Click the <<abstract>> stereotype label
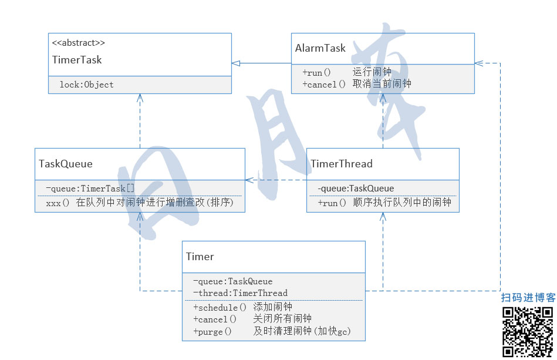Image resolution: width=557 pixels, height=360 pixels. click(79, 43)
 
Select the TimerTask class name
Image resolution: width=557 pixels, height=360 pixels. click(77, 60)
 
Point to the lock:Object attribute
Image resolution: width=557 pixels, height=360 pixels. click(86, 85)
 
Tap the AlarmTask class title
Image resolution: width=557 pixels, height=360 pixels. click(320, 48)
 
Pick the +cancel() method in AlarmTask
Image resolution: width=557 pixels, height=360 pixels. click(324, 84)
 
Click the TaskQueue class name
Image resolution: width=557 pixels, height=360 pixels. click(66, 163)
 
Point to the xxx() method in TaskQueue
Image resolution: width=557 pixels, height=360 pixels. click(58, 203)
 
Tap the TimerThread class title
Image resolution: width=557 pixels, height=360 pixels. click(341, 163)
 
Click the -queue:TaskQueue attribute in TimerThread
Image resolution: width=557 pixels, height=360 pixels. click(356, 189)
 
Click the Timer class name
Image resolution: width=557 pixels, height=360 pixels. click(200, 257)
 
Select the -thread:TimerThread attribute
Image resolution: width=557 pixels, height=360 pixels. click(240, 293)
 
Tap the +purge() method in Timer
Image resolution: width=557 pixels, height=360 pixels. click(212, 332)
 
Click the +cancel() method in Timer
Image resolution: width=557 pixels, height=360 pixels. click(214, 319)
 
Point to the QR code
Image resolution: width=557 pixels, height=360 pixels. click(528, 332)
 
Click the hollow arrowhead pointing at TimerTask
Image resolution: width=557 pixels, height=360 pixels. click(235, 63)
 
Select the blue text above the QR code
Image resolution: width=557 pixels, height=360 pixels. click(528, 298)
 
